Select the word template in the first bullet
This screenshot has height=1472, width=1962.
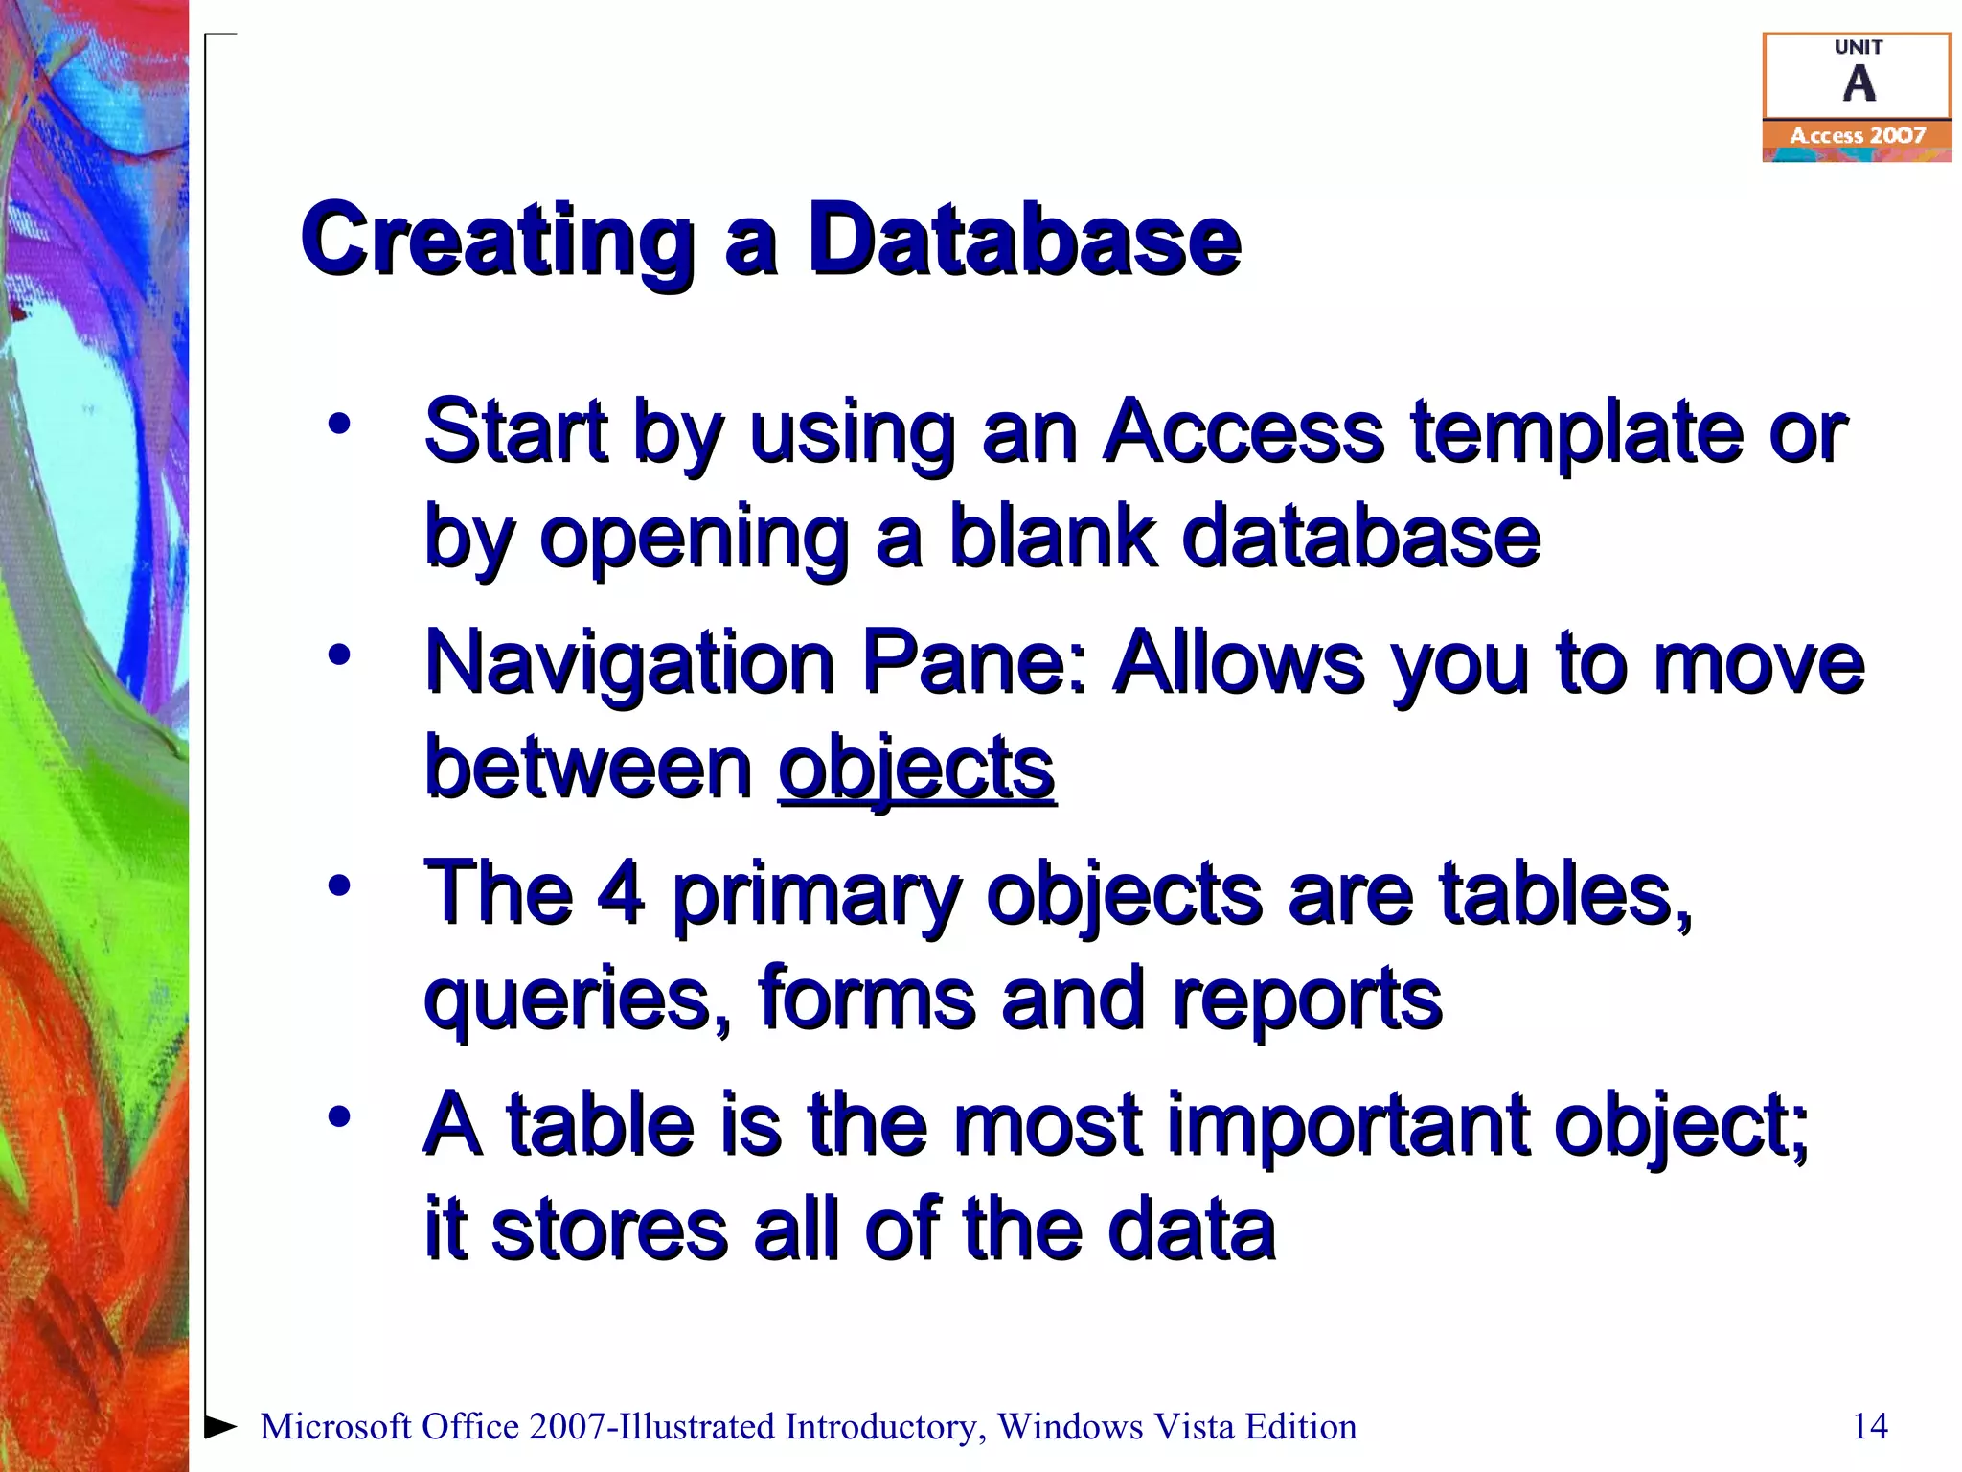coord(1577,432)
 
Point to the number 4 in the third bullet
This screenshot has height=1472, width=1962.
coord(620,893)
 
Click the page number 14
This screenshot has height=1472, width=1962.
coord(1870,1426)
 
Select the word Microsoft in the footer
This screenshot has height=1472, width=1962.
coord(336,1426)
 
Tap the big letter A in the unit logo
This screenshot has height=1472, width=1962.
coord(1859,84)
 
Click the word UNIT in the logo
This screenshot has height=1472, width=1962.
coord(1858,47)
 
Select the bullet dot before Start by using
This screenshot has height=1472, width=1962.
coord(339,424)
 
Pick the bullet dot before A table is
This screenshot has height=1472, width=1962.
coord(339,1116)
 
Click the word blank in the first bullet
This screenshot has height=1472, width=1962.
coord(1052,537)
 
